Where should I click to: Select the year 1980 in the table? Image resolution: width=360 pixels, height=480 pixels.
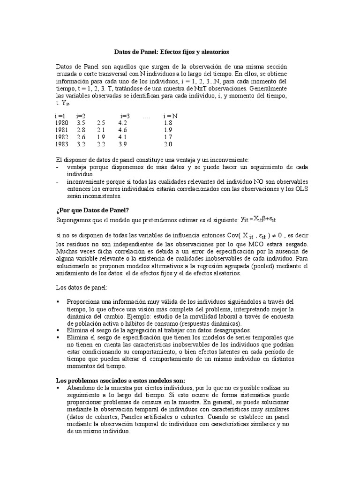61,122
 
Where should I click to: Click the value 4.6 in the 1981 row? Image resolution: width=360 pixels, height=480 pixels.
123,130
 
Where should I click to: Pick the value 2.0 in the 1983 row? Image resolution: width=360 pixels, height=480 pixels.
168,145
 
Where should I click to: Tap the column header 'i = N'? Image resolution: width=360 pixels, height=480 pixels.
170,115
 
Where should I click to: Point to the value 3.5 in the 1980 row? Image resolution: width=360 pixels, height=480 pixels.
81,122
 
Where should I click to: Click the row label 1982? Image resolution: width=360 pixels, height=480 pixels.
61,137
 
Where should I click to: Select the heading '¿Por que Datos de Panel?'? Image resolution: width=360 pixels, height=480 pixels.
89,210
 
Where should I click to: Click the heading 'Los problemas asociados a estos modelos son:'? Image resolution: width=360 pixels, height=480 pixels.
120,380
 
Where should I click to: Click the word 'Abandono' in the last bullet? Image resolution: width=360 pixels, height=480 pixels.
81,388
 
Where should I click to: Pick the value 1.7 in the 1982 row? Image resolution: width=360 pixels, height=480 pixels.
168,137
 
